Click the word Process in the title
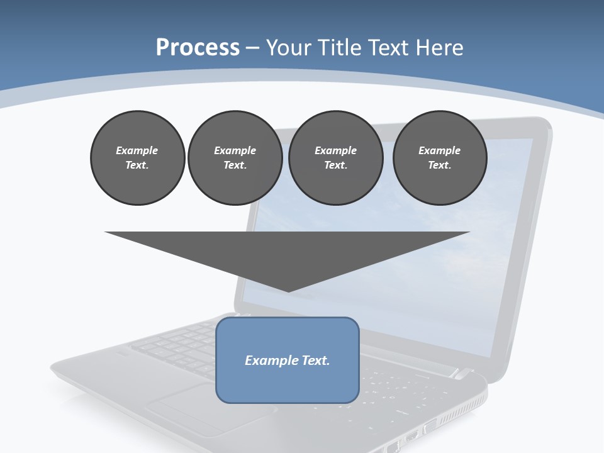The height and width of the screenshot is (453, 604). pyautogui.click(x=198, y=48)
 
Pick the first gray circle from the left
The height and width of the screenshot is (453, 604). pyautogui.click(x=137, y=157)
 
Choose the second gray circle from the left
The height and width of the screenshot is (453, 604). pyautogui.click(x=235, y=157)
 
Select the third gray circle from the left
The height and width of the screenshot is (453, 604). pyautogui.click(x=335, y=157)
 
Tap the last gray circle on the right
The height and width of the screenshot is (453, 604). pyautogui.click(x=440, y=157)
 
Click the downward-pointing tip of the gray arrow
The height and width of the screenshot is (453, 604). pyautogui.click(x=288, y=290)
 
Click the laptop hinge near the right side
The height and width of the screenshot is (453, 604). pyautogui.click(x=462, y=374)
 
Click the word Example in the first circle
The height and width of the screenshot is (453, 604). pyautogui.click(x=137, y=150)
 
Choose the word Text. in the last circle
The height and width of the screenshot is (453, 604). pyautogui.click(x=440, y=165)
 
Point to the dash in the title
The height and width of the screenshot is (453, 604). pyautogui.click(x=253, y=48)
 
